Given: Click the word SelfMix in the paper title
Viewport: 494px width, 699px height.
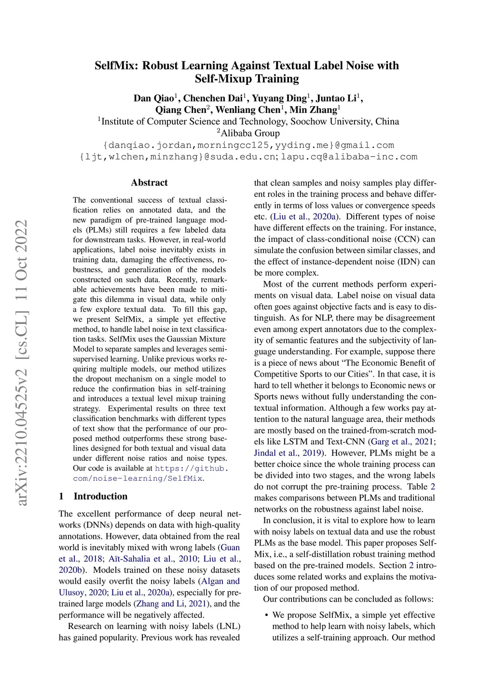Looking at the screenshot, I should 116,66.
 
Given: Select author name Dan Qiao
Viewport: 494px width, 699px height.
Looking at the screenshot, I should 153,98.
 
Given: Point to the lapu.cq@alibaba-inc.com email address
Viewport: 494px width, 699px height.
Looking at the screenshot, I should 349,157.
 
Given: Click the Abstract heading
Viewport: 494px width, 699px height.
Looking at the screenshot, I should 149,182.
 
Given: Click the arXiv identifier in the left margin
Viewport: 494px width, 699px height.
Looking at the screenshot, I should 22,362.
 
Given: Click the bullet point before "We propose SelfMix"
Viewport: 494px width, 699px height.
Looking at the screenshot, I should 266,615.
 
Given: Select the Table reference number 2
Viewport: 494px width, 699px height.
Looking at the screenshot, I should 433,487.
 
